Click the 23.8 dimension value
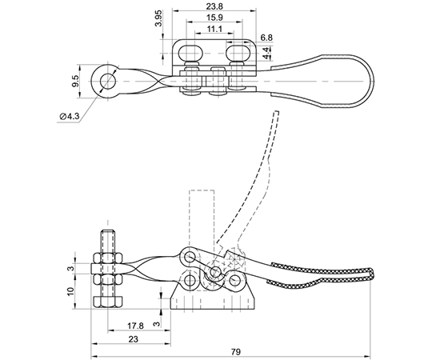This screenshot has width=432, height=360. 214,6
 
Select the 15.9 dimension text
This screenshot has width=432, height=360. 214,18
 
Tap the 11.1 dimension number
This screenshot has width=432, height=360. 214,29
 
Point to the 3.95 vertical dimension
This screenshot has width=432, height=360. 158,18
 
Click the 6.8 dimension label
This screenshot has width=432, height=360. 266,38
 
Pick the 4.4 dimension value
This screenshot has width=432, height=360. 266,53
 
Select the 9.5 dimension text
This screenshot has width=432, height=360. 75,82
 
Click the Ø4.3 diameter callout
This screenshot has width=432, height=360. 69,117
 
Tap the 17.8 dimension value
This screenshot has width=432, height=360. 135,326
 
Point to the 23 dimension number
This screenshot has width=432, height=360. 133,339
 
